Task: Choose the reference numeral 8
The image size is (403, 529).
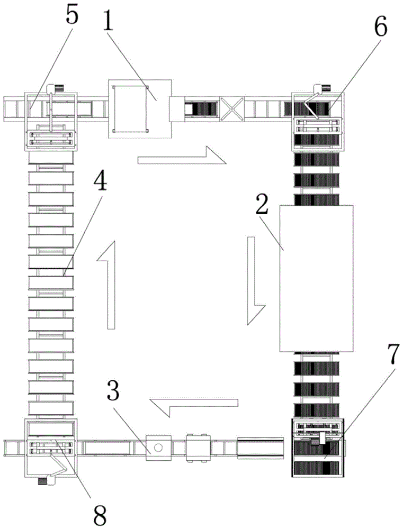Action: pyautogui.click(x=99, y=511)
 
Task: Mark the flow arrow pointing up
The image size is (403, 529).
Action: pyautogui.click(x=109, y=286)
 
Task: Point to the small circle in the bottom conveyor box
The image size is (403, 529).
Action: pyautogui.click(x=158, y=448)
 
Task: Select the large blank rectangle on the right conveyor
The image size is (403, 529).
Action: pyautogui.click(x=317, y=278)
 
